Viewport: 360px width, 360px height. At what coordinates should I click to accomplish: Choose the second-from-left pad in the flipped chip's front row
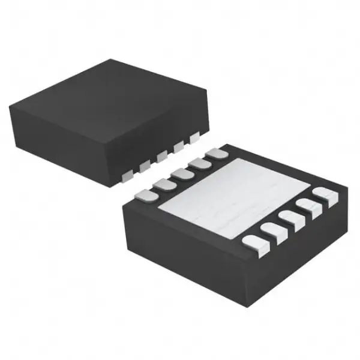272,231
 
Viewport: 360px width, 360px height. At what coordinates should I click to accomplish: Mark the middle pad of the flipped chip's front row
290,220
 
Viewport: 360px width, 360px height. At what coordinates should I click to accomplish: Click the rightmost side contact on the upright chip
193,139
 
